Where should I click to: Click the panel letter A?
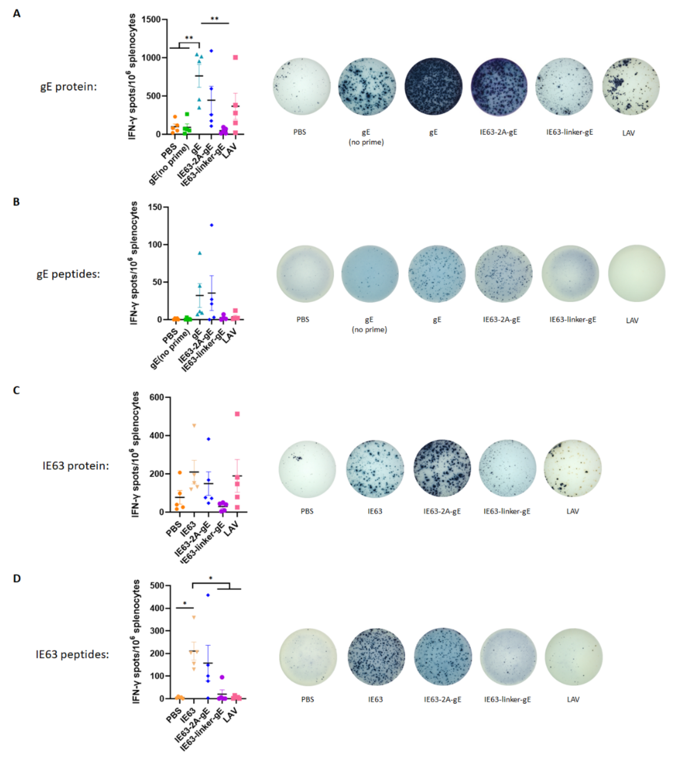[x=16, y=14]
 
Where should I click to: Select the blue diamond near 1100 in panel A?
[x=211, y=51]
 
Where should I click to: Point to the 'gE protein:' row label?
[x=68, y=87]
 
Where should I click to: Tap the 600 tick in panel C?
[x=156, y=397]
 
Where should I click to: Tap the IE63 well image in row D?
[x=376, y=657]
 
